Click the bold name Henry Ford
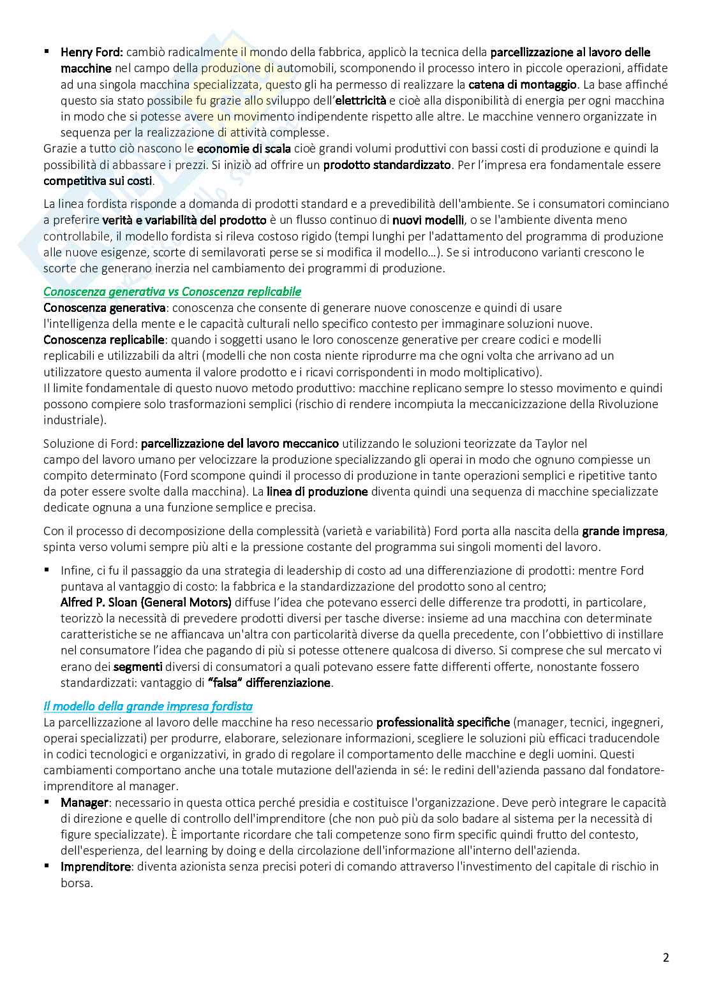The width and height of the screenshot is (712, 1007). (x=92, y=52)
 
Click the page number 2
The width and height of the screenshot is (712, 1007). (x=666, y=958)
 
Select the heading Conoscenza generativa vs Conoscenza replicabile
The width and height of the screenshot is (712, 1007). (x=172, y=291)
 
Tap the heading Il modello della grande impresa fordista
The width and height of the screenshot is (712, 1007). (x=148, y=706)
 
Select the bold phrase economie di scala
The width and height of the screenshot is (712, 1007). (x=244, y=149)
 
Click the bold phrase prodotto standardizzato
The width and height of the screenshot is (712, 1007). (x=387, y=165)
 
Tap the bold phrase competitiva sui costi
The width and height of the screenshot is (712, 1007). (x=98, y=180)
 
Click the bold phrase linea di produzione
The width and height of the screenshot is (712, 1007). (x=317, y=491)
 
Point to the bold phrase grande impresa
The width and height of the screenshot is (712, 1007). (x=624, y=531)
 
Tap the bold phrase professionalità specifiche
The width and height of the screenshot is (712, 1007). (x=443, y=722)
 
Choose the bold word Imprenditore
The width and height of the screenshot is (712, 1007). (x=96, y=866)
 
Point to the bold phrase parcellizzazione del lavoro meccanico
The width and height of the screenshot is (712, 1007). (x=240, y=443)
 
